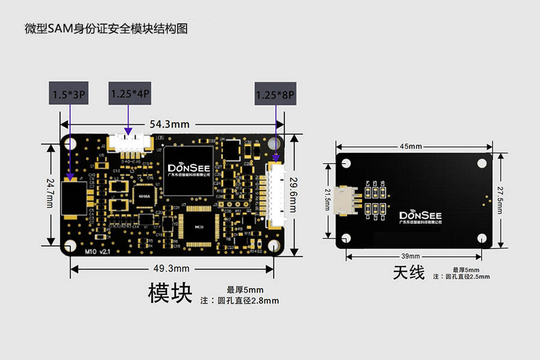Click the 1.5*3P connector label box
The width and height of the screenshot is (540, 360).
70,94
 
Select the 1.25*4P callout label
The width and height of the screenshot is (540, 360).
130,94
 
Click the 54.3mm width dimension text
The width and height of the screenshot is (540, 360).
169,124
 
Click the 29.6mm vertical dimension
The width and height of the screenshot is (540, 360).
293,194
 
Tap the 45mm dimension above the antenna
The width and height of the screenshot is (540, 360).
410,146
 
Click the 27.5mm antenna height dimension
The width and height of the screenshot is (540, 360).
499,201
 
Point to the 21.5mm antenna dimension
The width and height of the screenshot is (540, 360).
328,201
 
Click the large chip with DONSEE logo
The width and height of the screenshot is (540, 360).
188,170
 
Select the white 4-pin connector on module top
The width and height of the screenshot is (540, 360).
128,143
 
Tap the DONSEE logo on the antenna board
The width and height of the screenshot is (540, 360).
419,216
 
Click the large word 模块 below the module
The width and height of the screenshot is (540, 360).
170,293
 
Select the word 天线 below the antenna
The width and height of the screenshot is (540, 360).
409,273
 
